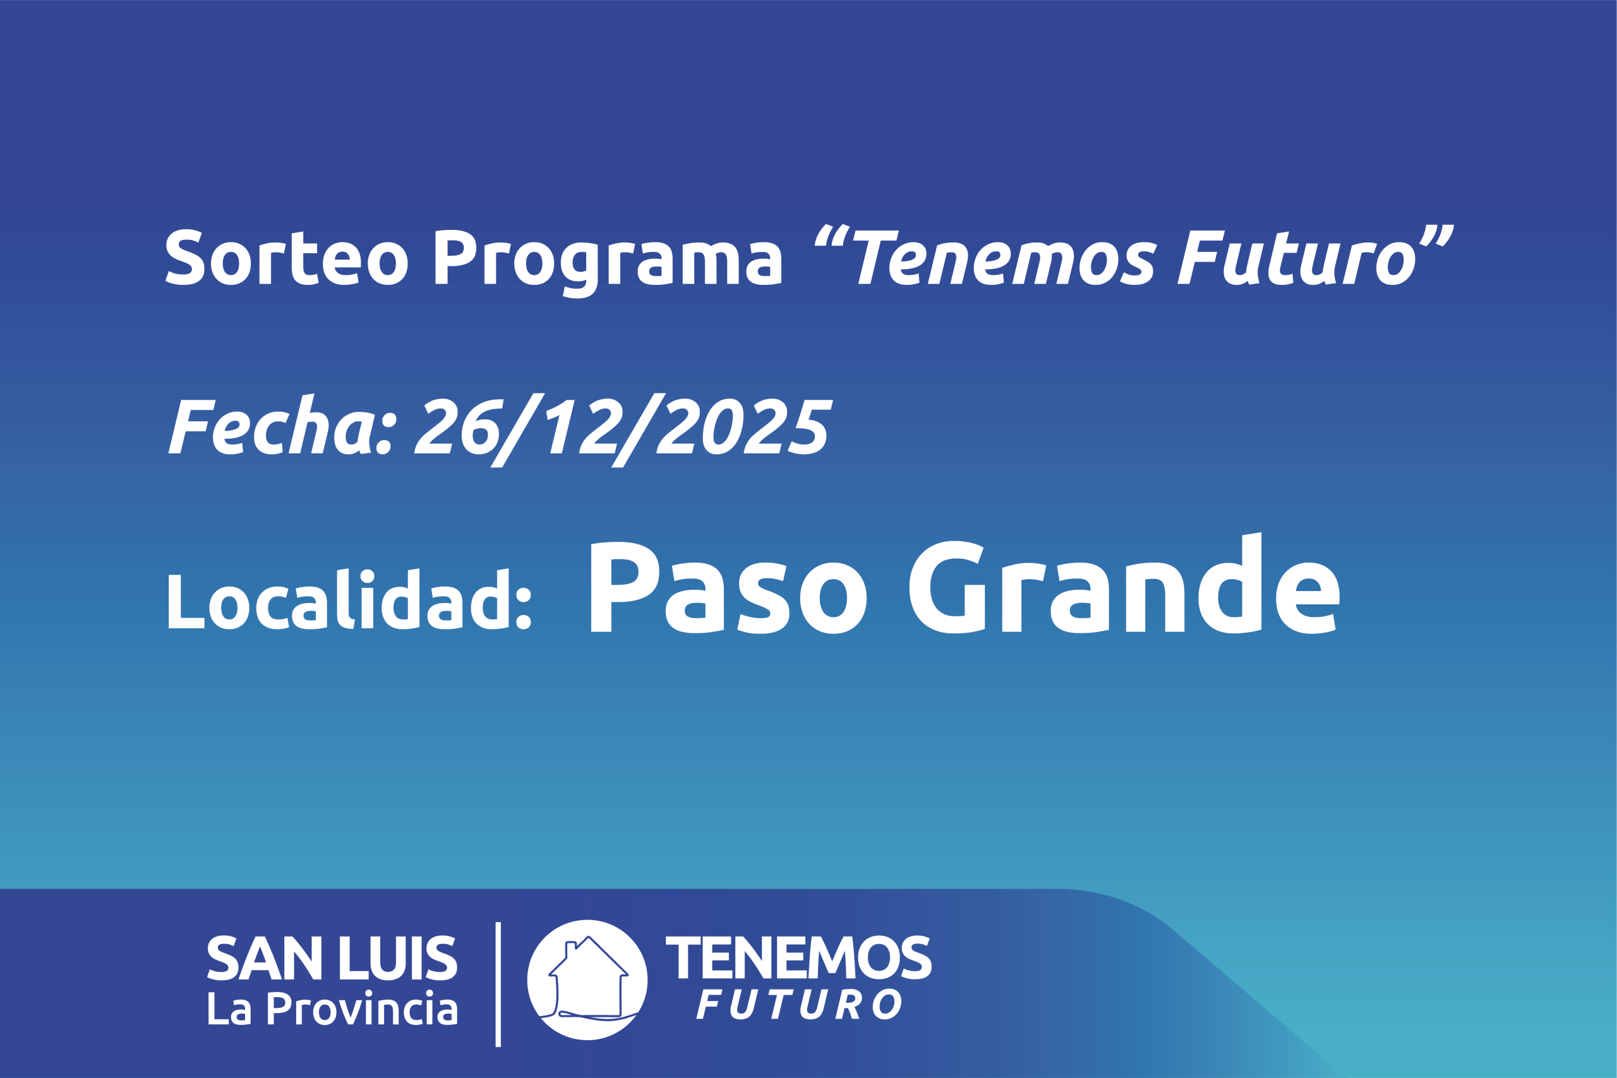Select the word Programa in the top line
[x=608, y=264]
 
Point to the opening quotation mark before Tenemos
[x=832, y=234]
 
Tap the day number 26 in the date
[x=457, y=426]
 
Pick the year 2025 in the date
[x=744, y=426]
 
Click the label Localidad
[x=350, y=598]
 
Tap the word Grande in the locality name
[x=1125, y=583]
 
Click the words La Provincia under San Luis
[x=333, y=1009]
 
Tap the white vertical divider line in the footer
[x=498, y=985]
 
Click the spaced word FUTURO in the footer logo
[x=799, y=1005]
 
